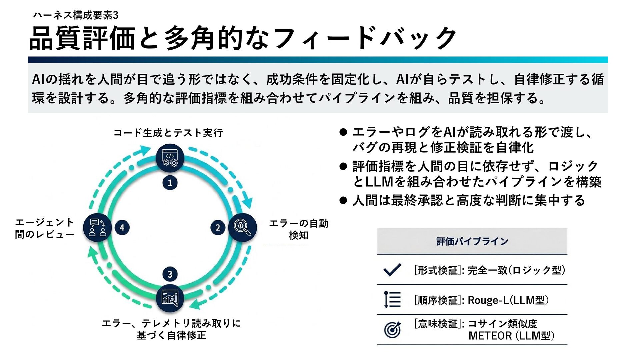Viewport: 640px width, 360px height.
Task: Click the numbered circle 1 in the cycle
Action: (170, 183)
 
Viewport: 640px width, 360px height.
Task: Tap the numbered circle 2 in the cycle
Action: (218, 228)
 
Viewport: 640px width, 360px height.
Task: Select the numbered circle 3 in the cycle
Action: (170, 274)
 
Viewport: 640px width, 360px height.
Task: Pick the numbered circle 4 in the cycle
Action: (122, 228)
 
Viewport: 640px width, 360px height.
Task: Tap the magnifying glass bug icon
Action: (242, 227)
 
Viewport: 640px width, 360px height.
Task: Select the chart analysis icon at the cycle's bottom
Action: (170, 298)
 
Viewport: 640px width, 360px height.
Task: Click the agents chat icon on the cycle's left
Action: (97, 228)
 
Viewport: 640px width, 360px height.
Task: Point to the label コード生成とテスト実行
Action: (168, 133)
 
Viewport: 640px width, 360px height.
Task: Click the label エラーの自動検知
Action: (299, 229)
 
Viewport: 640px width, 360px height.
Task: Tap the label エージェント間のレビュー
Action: (45, 228)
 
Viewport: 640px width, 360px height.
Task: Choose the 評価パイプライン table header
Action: (472, 241)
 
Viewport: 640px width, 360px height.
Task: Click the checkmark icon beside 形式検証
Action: (392, 270)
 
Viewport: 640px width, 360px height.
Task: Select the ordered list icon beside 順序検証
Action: (392, 299)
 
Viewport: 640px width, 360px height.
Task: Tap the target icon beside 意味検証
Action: (393, 330)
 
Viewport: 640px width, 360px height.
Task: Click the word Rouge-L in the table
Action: (488, 300)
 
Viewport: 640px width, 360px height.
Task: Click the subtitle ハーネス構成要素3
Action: (76, 15)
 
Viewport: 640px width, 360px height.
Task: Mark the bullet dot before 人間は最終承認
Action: (343, 200)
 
